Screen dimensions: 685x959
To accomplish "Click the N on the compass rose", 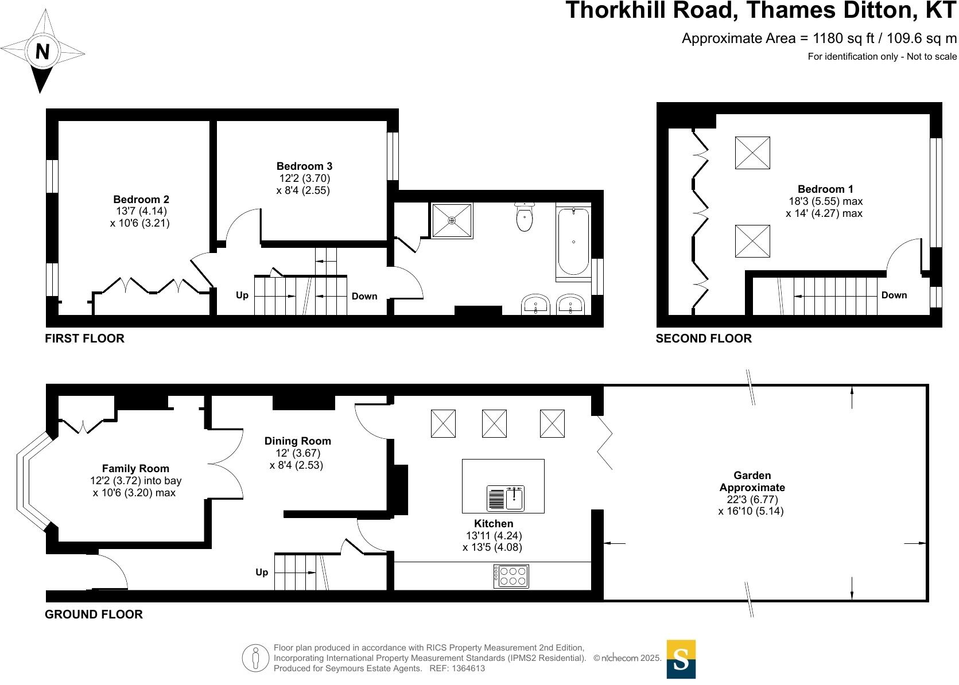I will (x=42, y=52).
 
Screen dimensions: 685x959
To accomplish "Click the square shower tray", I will (x=452, y=220).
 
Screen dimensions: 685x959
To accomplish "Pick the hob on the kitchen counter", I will (x=511, y=576).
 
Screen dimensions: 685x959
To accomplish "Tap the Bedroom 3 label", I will (x=304, y=166).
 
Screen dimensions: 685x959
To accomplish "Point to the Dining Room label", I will (x=297, y=441).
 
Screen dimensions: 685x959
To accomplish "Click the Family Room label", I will (x=135, y=469).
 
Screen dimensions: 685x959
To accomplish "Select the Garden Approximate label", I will (x=752, y=481).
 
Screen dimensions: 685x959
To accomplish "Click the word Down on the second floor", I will (x=894, y=295).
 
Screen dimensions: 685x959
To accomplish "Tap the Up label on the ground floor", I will (x=262, y=572).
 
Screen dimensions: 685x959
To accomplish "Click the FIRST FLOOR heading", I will (x=84, y=338).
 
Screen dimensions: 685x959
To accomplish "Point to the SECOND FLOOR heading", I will (x=703, y=338).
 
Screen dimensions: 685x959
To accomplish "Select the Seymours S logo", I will (x=681, y=659).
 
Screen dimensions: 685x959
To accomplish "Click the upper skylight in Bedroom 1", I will (x=752, y=153).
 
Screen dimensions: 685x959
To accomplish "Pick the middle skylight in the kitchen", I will (x=494, y=423).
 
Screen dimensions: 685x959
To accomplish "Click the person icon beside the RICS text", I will (x=255, y=658).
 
